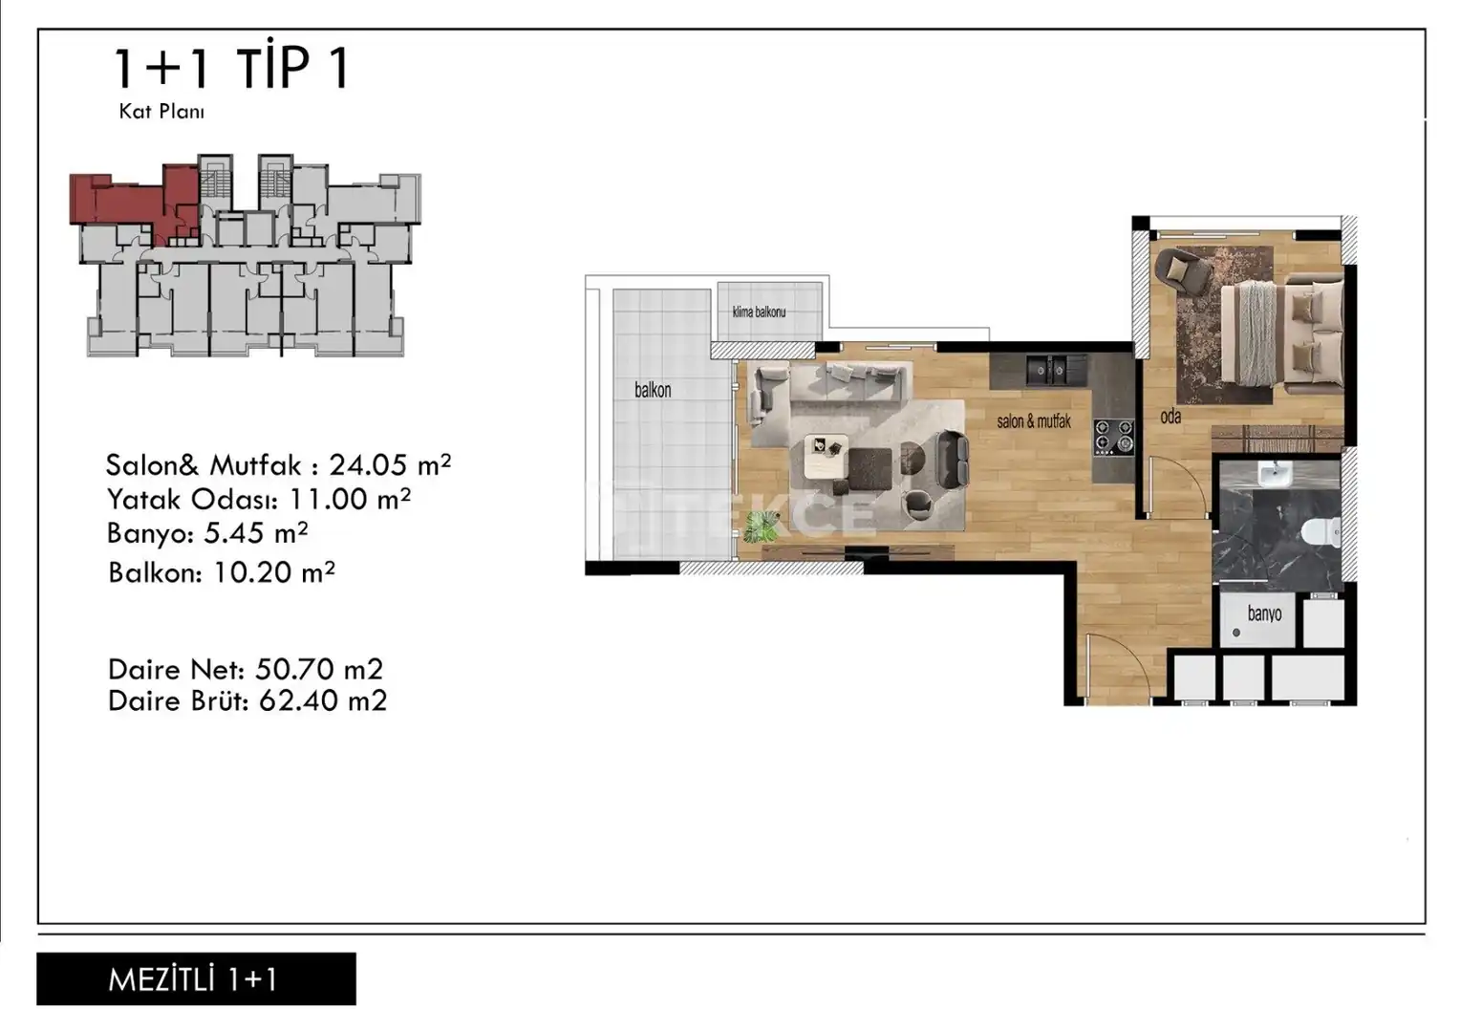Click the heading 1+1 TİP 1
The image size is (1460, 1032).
(x=232, y=69)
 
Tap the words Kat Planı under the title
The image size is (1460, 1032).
(x=161, y=112)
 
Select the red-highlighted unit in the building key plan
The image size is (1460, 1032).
(x=134, y=201)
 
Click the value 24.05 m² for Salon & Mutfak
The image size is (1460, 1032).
(x=390, y=465)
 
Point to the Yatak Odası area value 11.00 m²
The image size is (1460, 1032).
(x=350, y=500)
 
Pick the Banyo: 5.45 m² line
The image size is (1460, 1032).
(x=207, y=533)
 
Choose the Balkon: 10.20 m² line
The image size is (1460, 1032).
(x=222, y=572)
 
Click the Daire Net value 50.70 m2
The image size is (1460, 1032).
(x=319, y=670)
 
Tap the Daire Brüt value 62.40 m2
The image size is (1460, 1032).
(x=323, y=700)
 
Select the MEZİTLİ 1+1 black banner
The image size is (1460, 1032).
(x=196, y=979)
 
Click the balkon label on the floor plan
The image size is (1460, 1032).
(x=653, y=390)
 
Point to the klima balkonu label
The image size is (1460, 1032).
(x=759, y=312)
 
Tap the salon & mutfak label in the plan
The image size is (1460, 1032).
(x=1034, y=421)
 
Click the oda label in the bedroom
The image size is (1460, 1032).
(x=1170, y=416)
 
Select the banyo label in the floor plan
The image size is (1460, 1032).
(x=1264, y=613)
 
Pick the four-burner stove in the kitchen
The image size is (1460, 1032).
(x=1114, y=436)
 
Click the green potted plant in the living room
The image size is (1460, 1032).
(x=762, y=526)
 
